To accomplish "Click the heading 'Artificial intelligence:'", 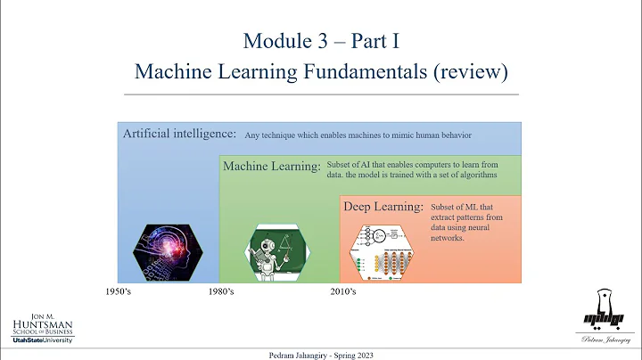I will click(179, 134).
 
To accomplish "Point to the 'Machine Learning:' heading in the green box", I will click(271, 166).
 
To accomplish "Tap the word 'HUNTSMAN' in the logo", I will click(42, 325).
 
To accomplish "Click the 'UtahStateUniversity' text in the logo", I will click(42, 340).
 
